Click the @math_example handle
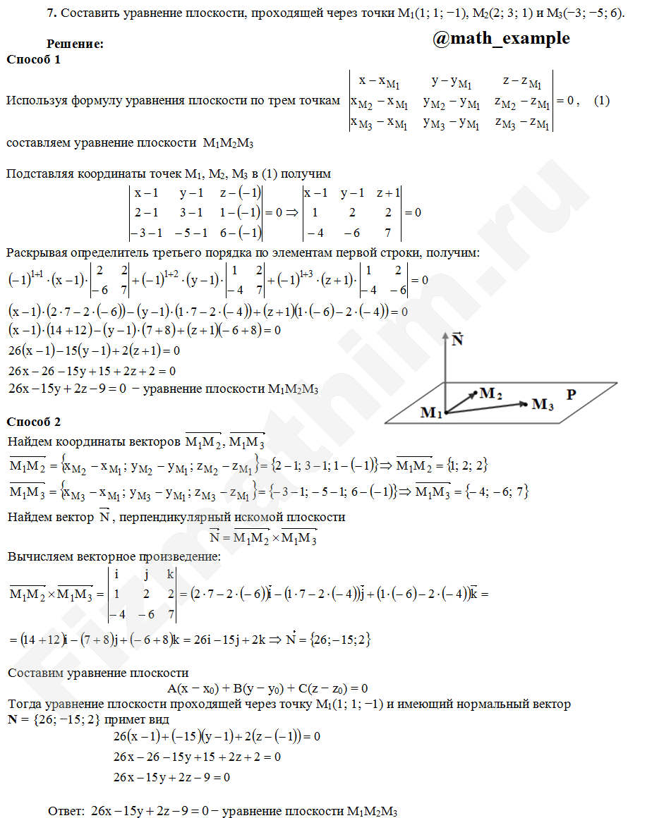tap(501, 38)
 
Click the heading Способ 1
tap(33, 59)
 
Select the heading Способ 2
tap(33, 422)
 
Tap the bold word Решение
tap(75, 44)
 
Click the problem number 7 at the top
tap(50, 13)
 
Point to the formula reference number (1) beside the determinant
tap(601, 101)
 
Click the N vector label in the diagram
tap(457, 340)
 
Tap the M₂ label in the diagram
tap(490, 394)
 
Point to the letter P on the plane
tap(572, 396)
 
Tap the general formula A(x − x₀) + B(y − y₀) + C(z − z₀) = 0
tap(267, 688)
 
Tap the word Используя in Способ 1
tap(35, 101)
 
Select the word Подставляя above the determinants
tap(38, 173)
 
